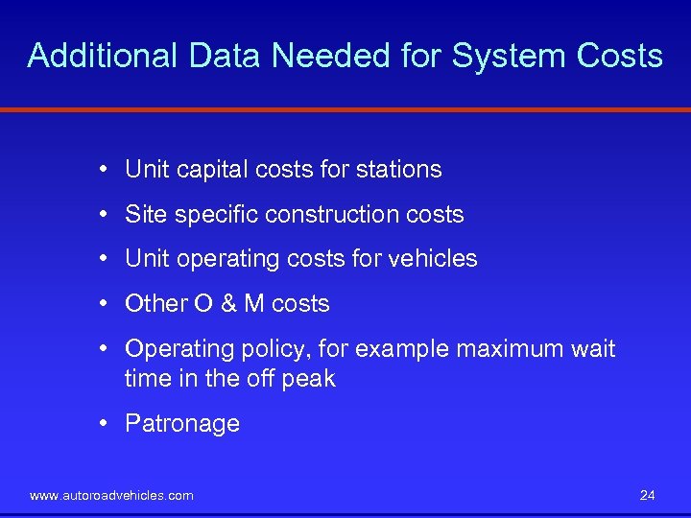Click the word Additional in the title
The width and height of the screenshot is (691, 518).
coord(103,56)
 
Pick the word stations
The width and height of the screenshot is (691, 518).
coord(398,170)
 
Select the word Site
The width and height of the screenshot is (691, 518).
coord(145,214)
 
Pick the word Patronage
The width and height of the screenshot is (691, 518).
coord(182,424)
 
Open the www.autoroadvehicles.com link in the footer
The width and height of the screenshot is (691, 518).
coord(111,496)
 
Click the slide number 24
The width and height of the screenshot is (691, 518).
coord(647,495)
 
